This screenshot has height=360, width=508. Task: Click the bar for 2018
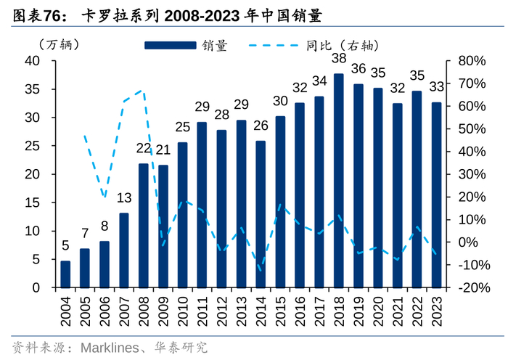pyautogui.click(x=339, y=181)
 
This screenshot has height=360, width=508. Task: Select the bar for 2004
pyautogui.click(x=65, y=274)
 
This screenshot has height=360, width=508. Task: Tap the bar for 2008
pyautogui.click(x=144, y=226)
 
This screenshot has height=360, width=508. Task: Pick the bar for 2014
pyautogui.click(x=261, y=214)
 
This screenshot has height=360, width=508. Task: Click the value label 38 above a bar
pyautogui.click(x=339, y=59)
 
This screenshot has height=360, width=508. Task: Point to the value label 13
pyautogui.click(x=124, y=197)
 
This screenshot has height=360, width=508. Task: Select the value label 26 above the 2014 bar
pyautogui.click(x=261, y=126)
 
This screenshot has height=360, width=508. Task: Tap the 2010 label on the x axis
pyautogui.click(x=183, y=308)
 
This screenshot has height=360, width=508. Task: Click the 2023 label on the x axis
pyautogui.click(x=436, y=308)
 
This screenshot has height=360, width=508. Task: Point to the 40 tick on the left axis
pyautogui.click(x=33, y=61)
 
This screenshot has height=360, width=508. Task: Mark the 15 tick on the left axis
pyautogui.click(x=33, y=202)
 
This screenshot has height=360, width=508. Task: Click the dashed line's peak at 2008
pyautogui.click(x=143, y=91)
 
